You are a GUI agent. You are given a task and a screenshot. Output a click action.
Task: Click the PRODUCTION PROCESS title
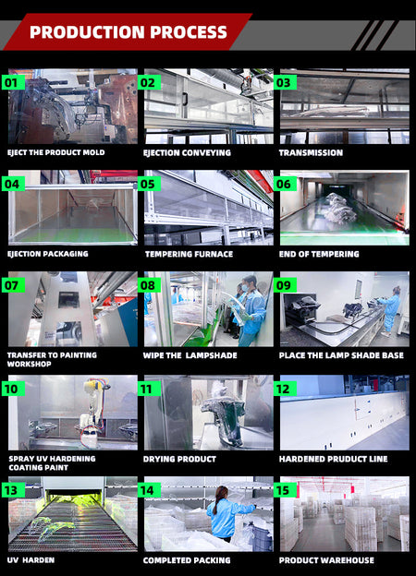(128, 32)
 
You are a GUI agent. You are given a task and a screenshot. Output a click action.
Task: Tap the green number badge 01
(13, 83)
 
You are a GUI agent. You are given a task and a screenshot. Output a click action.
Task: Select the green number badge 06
(285, 184)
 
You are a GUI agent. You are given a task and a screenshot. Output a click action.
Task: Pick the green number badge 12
(285, 389)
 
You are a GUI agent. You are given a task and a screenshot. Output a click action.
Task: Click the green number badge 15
(285, 490)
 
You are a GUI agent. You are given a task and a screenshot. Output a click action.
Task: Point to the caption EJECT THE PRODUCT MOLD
(55, 152)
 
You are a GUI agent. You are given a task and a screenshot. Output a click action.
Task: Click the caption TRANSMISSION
(311, 153)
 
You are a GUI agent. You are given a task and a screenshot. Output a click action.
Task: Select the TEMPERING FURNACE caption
(189, 254)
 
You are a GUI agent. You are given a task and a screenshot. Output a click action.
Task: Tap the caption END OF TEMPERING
(319, 254)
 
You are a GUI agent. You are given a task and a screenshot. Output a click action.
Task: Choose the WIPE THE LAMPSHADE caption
(190, 355)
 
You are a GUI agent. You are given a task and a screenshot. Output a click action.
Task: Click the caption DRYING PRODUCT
(179, 459)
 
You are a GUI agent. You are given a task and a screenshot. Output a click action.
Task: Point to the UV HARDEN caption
(31, 560)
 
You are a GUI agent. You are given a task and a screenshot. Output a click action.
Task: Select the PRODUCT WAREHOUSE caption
(326, 560)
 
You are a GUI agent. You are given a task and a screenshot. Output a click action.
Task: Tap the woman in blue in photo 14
(226, 513)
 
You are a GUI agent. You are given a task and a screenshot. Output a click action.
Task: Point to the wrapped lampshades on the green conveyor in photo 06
(339, 209)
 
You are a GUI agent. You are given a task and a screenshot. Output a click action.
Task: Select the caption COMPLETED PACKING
(187, 560)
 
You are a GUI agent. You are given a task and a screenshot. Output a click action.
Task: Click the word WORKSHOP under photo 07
(30, 364)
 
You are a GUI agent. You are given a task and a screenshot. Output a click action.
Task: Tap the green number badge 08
(149, 285)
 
